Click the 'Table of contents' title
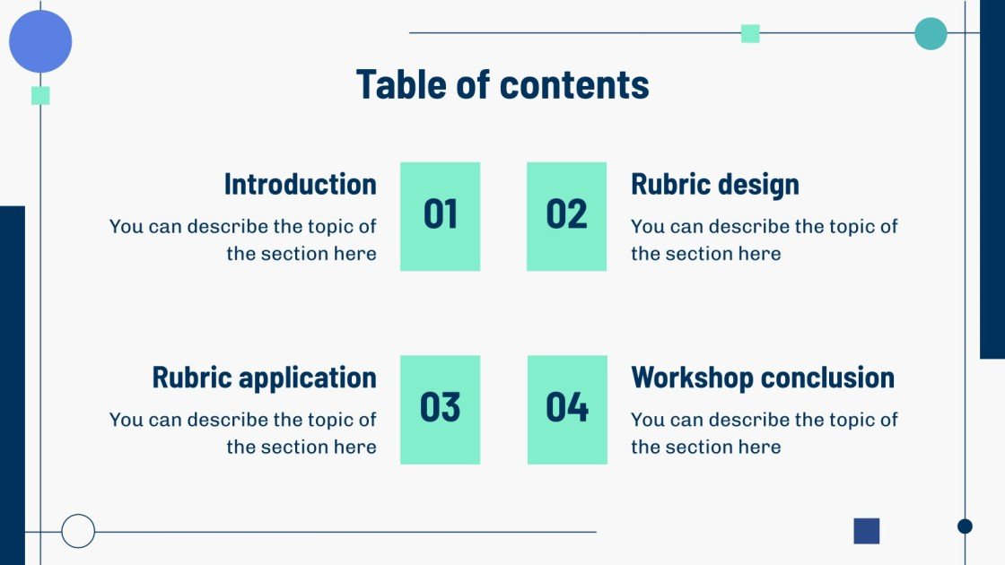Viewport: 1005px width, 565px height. coord(502,84)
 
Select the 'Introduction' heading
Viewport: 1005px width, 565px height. coord(300,184)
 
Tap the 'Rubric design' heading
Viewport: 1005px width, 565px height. coord(714,184)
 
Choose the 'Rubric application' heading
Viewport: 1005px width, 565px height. coord(264,378)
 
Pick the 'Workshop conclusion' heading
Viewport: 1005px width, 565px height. coord(763,378)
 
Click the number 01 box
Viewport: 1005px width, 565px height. coord(440,216)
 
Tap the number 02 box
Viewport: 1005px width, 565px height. coord(566,216)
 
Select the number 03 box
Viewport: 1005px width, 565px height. coord(440,410)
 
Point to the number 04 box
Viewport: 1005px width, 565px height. coord(567,410)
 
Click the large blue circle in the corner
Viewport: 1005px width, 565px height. coord(40,41)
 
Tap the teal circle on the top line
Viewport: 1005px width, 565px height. coord(931,34)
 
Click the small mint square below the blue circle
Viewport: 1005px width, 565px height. coord(40,96)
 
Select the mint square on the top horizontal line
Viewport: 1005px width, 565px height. coord(750,34)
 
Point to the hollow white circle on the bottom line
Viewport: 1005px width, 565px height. coord(78,531)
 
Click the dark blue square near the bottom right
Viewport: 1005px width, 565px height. coord(866,531)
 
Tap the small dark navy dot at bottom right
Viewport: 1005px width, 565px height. coord(965,526)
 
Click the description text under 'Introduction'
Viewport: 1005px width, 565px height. coord(242,240)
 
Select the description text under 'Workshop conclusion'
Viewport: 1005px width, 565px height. coord(764,433)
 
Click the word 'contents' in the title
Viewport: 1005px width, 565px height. coord(574,84)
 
